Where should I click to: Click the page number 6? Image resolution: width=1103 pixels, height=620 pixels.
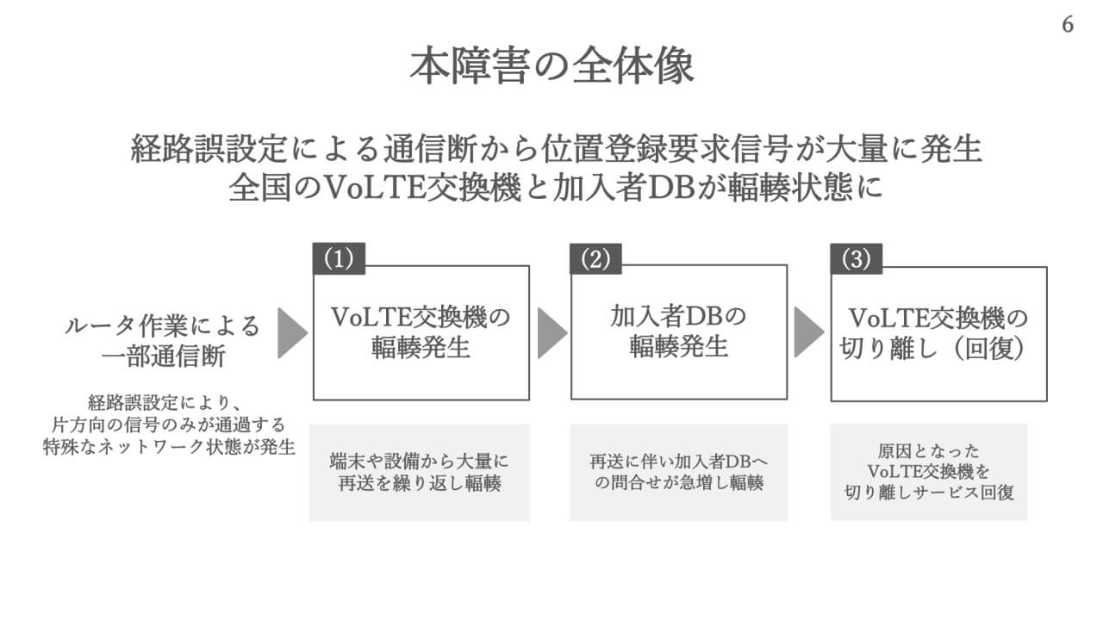point(1068,25)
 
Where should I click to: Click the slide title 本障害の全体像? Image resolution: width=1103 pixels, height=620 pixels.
point(551,66)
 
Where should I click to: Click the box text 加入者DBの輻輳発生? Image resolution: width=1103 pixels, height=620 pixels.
point(679,332)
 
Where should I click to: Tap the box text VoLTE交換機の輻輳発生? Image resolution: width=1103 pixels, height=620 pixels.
point(421,332)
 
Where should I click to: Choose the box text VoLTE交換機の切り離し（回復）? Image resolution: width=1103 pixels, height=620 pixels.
point(938,332)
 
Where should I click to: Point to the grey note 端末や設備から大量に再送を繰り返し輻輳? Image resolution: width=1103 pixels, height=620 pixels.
point(420,472)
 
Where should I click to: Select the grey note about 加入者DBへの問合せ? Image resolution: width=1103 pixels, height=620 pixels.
point(679,472)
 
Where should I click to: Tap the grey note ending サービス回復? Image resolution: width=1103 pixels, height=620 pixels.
point(929,472)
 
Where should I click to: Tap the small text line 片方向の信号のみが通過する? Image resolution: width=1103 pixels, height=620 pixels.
point(164,425)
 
